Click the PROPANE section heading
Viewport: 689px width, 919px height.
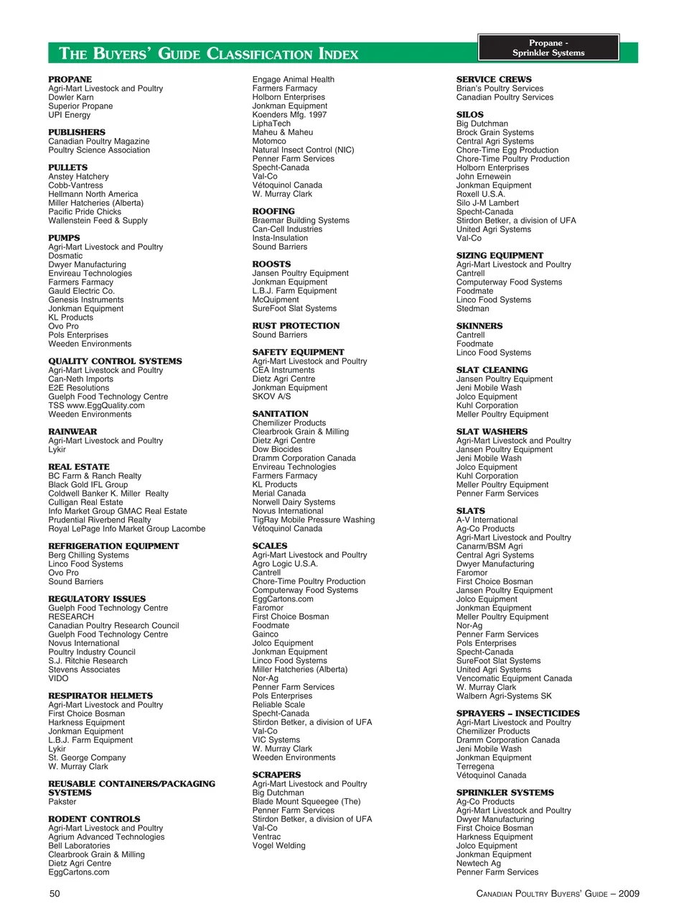tap(70, 79)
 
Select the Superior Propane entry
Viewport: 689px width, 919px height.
tap(80, 106)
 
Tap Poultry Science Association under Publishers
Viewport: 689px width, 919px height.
tap(99, 150)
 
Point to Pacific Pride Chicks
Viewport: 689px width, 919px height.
tap(85, 212)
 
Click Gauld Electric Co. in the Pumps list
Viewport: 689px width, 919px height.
tap(81, 291)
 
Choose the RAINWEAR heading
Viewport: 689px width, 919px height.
tap(72, 432)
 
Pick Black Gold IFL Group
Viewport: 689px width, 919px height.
tap(88, 485)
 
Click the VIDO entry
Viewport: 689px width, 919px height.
tap(58, 678)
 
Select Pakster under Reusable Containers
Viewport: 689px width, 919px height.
tap(62, 802)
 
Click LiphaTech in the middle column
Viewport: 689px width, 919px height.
tap(271, 124)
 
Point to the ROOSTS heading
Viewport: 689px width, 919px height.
tap(271, 264)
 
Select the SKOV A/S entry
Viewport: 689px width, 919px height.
tap(271, 397)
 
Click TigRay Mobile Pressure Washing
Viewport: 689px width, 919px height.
tap(313, 520)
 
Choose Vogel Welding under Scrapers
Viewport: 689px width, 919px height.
tap(278, 846)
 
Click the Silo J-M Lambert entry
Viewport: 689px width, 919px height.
tap(487, 203)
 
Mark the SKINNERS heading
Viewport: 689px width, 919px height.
tap(479, 326)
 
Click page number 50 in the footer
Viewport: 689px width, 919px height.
tap(55, 894)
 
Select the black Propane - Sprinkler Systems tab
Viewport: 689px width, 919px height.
tap(548, 48)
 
